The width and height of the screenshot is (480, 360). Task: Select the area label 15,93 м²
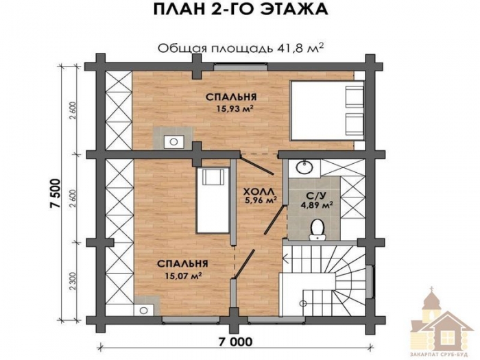[235, 108]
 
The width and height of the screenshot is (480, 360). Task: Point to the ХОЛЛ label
[260, 191]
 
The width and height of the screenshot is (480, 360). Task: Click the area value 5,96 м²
[260, 201]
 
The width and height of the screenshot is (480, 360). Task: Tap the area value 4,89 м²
[317, 204]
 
